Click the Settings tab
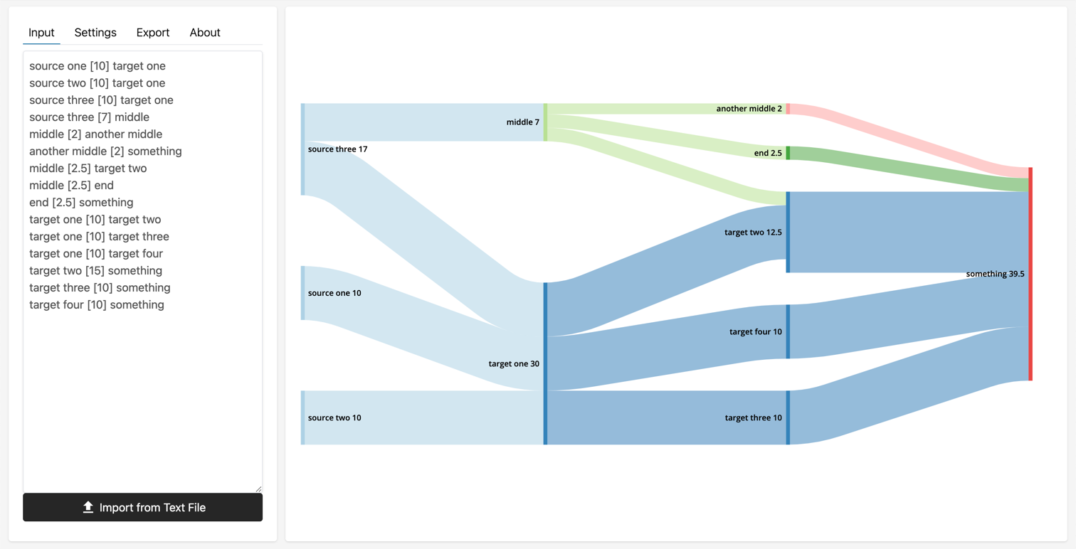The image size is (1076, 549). (x=95, y=33)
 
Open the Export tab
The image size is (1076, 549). (x=153, y=33)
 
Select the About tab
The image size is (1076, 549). (x=205, y=33)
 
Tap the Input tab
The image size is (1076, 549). (x=41, y=33)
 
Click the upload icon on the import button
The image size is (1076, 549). (x=88, y=507)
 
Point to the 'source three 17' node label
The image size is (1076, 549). (x=337, y=149)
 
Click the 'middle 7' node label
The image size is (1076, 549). (x=522, y=122)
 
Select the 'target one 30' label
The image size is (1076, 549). (x=514, y=364)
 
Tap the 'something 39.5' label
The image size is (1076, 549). (x=995, y=274)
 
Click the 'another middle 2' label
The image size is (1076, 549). (x=749, y=109)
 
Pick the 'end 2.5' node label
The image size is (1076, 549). (x=768, y=153)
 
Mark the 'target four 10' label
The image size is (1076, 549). (x=755, y=332)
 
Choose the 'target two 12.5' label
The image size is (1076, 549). (x=753, y=233)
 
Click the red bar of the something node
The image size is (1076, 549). (x=1030, y=274)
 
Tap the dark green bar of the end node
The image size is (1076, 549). (x=788, y=153)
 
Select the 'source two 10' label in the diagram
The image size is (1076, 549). (x=334, y=418)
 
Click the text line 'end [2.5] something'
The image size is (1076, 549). (x=81, y=203)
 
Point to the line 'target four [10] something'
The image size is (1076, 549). (x=97, y=305)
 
